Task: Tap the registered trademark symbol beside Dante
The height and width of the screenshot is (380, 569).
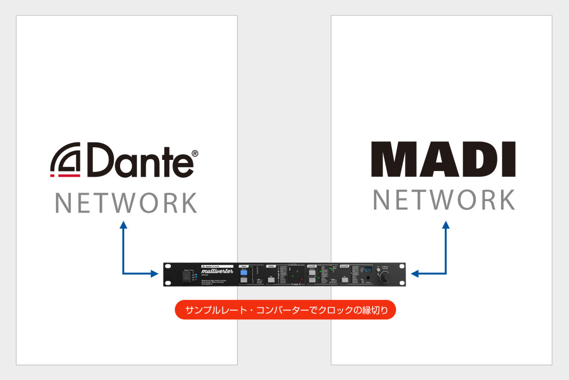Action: [x=194, y=154]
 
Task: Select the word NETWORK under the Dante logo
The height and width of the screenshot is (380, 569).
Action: [x=126, y=204]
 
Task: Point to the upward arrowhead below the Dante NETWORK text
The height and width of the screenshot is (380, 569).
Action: [x=123, y=225]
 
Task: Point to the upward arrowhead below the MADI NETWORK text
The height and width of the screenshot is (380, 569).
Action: [x=446, y=225]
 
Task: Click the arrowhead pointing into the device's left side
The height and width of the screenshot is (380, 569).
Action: [x=154, y=273]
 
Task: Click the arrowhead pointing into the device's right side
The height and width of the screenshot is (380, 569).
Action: [x=415, y=273]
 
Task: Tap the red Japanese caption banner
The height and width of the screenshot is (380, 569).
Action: [x=285, y=310]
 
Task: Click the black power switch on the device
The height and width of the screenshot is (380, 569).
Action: [x=186, y=276]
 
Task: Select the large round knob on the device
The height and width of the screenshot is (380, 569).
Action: [x=386, y=277]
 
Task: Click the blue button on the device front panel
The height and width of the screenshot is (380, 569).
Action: [x=244, y=272]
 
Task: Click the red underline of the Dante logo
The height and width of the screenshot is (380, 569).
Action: [x=65, y=175]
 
